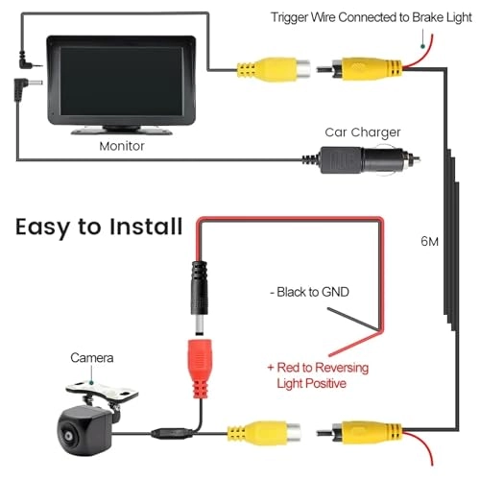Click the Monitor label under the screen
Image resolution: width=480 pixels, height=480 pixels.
coord(122,146)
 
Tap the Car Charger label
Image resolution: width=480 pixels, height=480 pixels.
coord(363,132)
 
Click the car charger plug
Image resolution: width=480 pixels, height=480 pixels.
coord(362,159)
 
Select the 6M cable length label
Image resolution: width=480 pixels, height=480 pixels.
coord(429,241)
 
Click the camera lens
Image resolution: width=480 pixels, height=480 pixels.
coord(69,436)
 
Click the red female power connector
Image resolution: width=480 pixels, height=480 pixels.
coord(201,369)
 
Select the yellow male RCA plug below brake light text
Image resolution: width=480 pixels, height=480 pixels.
coord(360,68)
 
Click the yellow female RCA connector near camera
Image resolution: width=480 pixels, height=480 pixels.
coord(264,434)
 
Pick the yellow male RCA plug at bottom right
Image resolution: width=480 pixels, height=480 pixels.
coord(360,433)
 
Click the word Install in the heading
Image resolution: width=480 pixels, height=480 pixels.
coord(146,227)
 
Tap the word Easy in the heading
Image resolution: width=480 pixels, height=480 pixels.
coord(42,228)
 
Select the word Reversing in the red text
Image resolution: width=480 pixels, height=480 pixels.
coord(339,368)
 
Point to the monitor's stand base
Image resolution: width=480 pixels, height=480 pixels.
coord(122,131)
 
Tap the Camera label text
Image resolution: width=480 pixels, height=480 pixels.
coord(92,358)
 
